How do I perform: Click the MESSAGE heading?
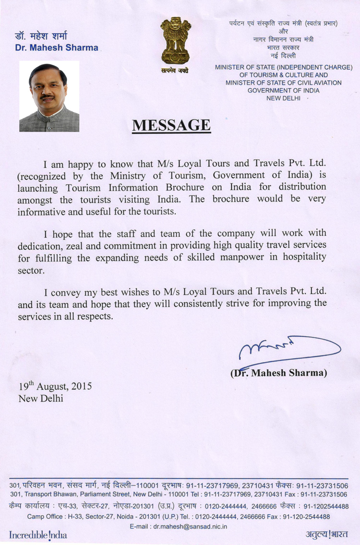pos(171,125)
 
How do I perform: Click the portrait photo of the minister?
pos(49,97)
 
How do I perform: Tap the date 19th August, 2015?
pos(55,386)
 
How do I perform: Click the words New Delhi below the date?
pos(41,398)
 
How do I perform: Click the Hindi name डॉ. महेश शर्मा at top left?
pos(42,36)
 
